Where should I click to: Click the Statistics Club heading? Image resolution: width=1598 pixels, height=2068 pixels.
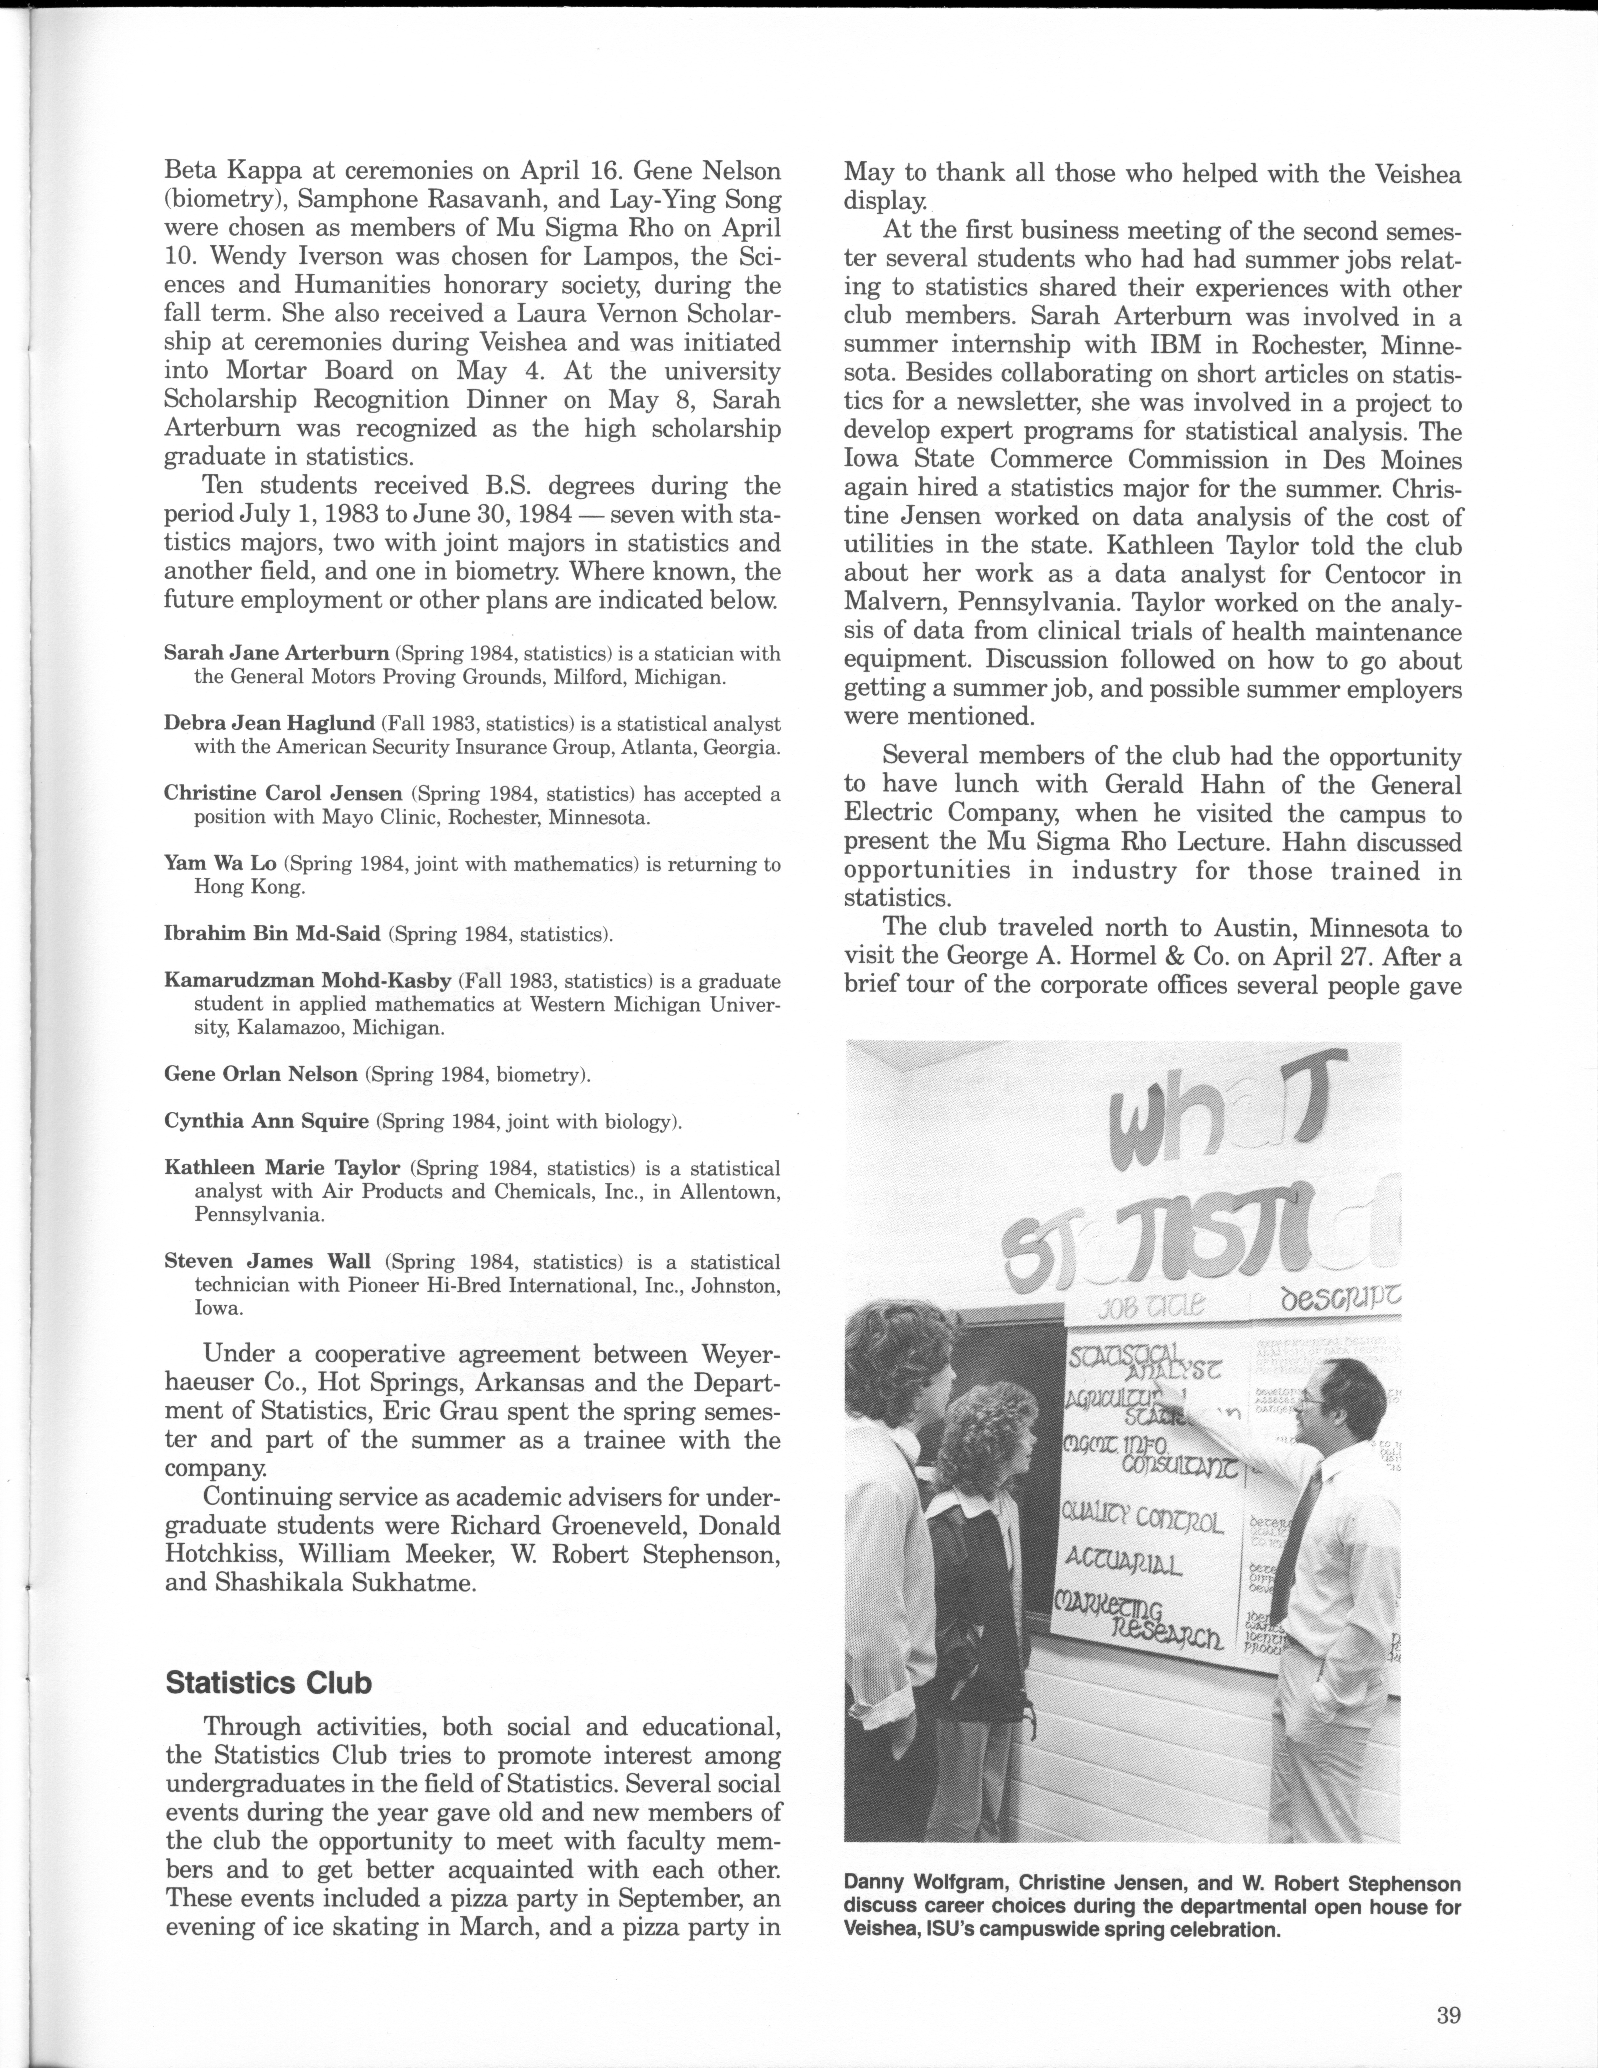(x=268, y=1683)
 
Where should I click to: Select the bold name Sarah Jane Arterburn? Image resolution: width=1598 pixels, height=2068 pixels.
(x=276, y=652)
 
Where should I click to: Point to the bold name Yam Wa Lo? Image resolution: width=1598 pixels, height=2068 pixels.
(x=220, y=864)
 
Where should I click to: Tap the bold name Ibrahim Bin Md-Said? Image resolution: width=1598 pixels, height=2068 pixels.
(x=272, y=935)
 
